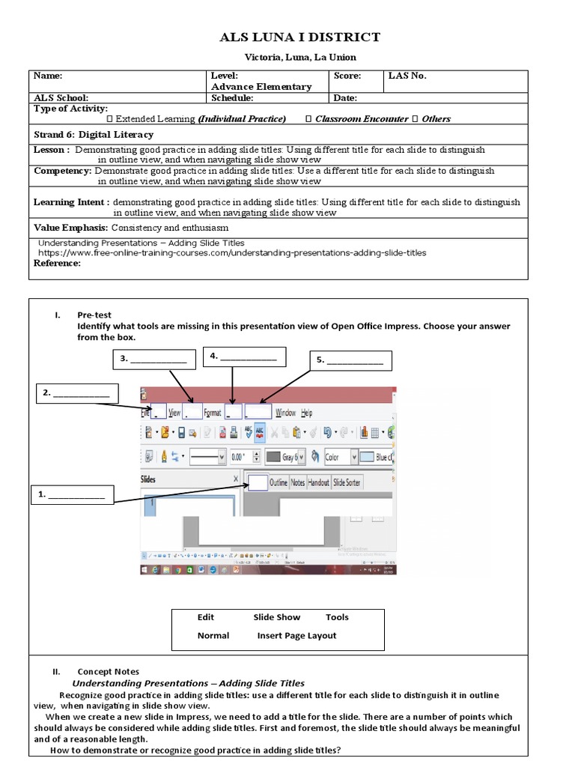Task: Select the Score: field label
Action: pos(347,76)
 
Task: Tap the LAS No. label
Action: pos(407,76)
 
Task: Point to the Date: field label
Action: pos(345,97)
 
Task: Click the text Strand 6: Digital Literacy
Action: pos(94,135)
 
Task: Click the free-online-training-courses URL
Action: pos(232,253)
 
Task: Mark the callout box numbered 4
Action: pos(244,357)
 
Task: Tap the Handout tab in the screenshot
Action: pos(318,483)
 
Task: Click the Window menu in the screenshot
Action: pos(285,413)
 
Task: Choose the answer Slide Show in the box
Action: pos(277,617)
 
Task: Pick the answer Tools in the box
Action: pos(337,617)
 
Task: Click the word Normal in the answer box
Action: pos(213,635)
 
